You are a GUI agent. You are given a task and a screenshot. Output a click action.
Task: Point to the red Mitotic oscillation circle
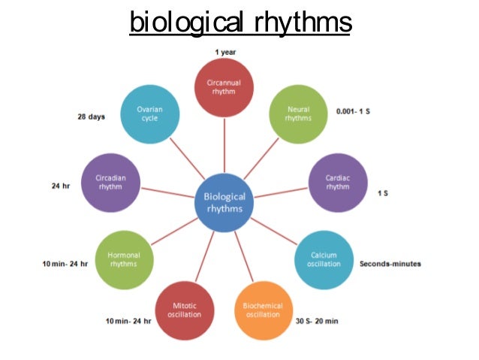click(183, 309)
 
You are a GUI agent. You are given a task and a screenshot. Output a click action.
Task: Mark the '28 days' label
click(91, 116)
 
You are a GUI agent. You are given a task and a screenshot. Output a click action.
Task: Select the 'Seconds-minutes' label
click(390, 264)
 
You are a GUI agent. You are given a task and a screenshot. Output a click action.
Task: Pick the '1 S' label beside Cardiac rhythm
click(383, 193)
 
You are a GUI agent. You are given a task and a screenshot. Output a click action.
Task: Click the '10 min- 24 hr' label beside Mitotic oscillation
click(128, 321)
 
